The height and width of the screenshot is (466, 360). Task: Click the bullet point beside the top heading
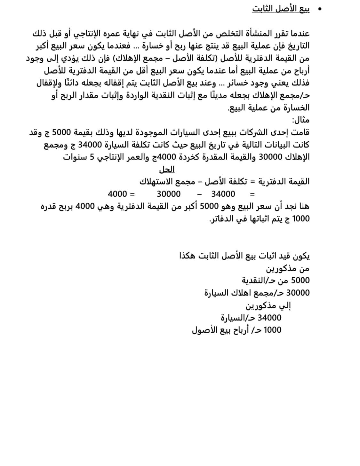point(319,9)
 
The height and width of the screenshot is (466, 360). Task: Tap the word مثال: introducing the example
point(300,120)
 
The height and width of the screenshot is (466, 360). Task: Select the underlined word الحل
point(167,170)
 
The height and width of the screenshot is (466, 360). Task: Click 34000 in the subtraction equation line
point(223,194)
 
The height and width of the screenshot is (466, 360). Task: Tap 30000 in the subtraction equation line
point(169,194)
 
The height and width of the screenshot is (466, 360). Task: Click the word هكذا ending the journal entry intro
point(188,256)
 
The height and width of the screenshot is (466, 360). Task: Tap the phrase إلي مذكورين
point(268,306)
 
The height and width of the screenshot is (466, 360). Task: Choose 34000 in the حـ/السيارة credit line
point(269,318)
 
